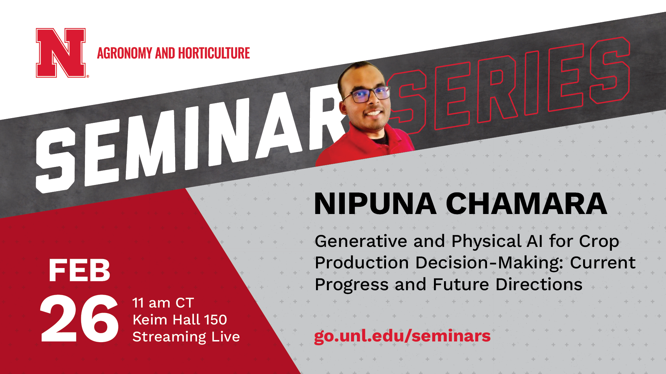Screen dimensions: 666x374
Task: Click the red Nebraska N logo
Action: [x=61, y=53]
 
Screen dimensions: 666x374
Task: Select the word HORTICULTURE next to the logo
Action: [x=214, y=53]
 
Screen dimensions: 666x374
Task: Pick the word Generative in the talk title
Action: [x=361, y=241]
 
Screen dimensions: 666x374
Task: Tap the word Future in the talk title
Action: [x=461, y=285]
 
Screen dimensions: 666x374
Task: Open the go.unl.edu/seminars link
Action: [x=402, y=336]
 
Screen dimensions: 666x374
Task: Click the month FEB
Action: [x=79, y=270]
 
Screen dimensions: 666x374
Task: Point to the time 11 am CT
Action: [x=163, y=303]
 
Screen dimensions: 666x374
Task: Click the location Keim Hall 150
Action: [x=180, y=320]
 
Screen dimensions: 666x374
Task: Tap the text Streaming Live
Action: [x=186, y=337]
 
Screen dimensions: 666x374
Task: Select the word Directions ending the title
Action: [x=539, y=285]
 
